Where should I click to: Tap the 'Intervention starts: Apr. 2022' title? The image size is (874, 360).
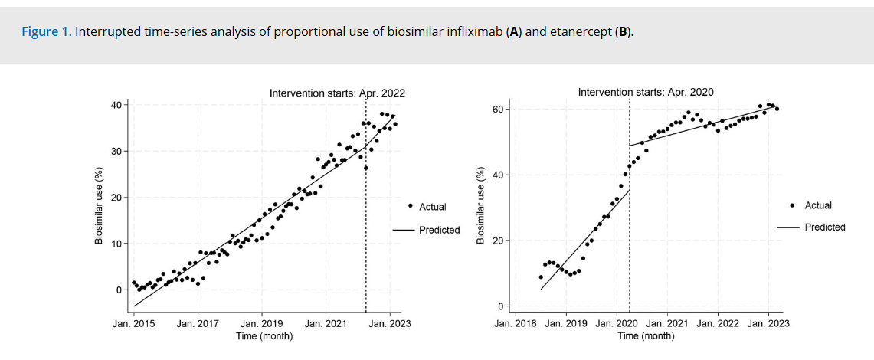coord(337,93)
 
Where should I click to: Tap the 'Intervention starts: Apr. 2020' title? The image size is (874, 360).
coord(646,93)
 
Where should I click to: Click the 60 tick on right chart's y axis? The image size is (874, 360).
coord(496,110)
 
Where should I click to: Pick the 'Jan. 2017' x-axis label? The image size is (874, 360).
coord(198,323)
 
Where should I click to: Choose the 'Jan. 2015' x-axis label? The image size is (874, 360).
coord(133,323)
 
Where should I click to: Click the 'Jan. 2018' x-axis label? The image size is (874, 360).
coord(516,324)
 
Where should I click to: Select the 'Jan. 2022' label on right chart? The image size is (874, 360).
coord(719,324)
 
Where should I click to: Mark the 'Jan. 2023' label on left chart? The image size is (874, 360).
coord(390,323)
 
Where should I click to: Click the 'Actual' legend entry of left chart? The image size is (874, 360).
coord(432,207)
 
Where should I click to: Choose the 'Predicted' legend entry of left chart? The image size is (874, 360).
coord(439,230)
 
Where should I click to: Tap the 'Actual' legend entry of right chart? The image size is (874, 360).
coord(818,205)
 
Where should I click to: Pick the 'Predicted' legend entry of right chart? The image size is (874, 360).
coord(825,227)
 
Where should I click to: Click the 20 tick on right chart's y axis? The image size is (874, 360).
coord(496,241)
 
